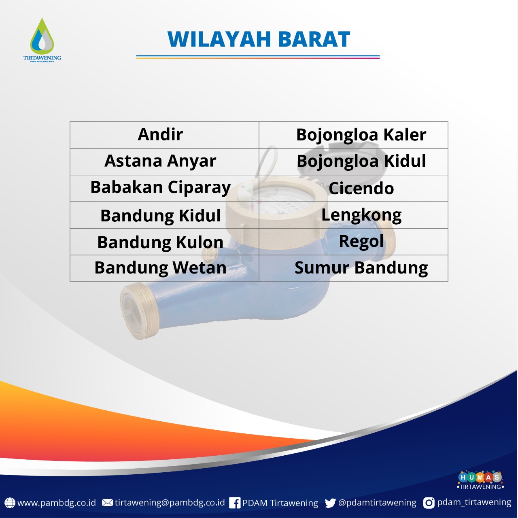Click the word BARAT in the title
pos(314,39)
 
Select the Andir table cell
pos(164,135)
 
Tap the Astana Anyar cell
pos(164,161)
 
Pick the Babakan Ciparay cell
pos(164,188)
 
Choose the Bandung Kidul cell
pos(164,215)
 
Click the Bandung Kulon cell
pos(164,242)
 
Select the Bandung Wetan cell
pos(164,268)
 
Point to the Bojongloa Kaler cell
pos(353,135)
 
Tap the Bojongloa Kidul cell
pos(353,161)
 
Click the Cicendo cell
pos(353,188)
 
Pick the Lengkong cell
pos(353,215)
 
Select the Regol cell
pos(353,242)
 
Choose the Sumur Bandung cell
pos(353,268)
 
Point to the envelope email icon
pos(108,503)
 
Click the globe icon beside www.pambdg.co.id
pos(10,503)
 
